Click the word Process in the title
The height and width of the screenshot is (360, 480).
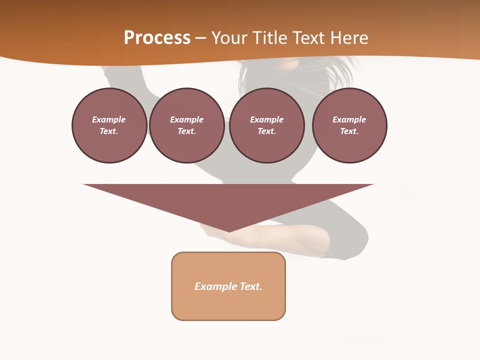point(157,38)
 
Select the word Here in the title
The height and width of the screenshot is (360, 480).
point(349,38)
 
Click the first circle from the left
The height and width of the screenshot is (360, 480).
point(109,125)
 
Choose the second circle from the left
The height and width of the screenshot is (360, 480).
point(187,125)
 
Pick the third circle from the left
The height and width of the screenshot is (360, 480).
point(267,125)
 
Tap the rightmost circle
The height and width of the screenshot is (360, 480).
point(349,125)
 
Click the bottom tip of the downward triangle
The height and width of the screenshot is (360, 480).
point(229,230)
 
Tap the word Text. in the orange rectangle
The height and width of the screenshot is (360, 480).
point(250,286)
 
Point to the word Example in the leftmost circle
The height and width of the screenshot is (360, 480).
point(109,119)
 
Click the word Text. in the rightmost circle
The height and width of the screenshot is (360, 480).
point(349,131)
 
